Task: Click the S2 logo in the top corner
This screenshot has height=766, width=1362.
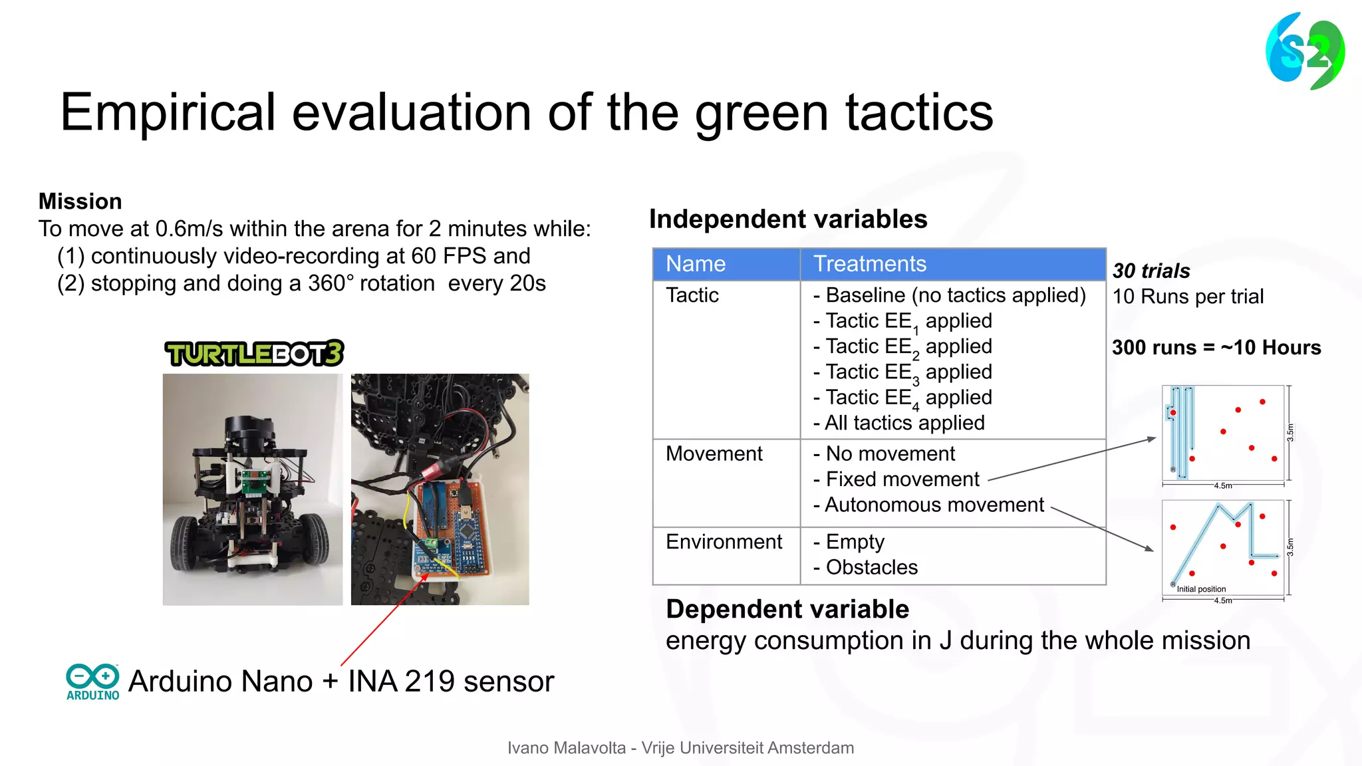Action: pos(1305,51)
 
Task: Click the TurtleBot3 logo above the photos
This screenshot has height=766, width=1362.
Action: pos(254,353)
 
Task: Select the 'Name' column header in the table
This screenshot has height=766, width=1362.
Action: pos(696,264)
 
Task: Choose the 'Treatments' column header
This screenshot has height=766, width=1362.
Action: pos(870,264)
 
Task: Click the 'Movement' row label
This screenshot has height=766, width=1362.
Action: pos(714,453)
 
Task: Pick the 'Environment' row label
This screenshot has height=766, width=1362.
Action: pos(724,542)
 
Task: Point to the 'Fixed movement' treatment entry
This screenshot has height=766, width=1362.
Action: pos(902,479)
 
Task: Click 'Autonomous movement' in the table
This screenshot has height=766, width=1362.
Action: pos(934,505)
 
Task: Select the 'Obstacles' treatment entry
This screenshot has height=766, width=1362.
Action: pos(871,567)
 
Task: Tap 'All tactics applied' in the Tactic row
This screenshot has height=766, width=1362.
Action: pos(904,423)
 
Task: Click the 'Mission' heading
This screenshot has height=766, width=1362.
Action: pos(80,201)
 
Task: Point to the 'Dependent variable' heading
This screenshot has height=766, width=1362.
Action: pos(787,609)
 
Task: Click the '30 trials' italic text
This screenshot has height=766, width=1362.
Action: pos(1151,271)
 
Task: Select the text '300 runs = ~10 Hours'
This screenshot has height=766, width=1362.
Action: pos(1216,347)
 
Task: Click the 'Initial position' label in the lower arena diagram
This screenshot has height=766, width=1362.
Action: pos(1201,589)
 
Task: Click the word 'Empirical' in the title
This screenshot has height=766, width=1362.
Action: pos(168,112)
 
